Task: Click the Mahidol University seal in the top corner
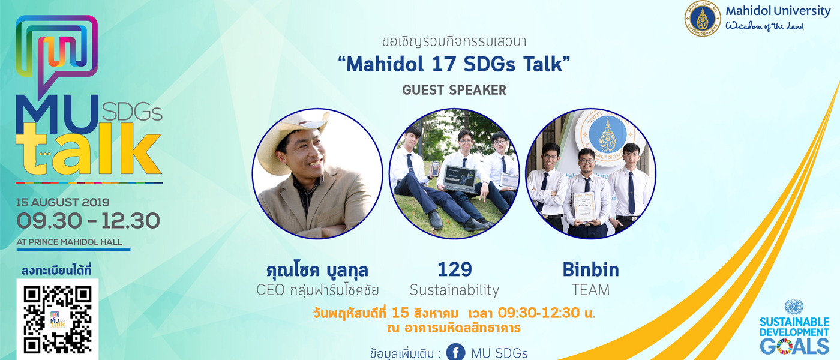coord(703,19)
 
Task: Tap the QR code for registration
coord(58,320)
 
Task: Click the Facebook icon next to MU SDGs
coord(455,352)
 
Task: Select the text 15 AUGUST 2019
coord(62,203)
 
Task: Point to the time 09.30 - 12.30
coord(89,221)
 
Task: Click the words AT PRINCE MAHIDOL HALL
coord(70,242)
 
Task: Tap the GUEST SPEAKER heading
coord(454,90)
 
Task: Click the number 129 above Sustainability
coord(455,269)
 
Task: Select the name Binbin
coord(590,269)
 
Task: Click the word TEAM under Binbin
coord(590,290)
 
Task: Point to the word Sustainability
coord(455,290)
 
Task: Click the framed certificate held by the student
coord(584,206)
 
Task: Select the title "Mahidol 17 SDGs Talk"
coord(454,64)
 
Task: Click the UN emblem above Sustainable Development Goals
coord(794,307)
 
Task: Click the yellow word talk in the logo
coord(89,149)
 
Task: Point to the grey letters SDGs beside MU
coord(132,111)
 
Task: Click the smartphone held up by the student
coord(435,169)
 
